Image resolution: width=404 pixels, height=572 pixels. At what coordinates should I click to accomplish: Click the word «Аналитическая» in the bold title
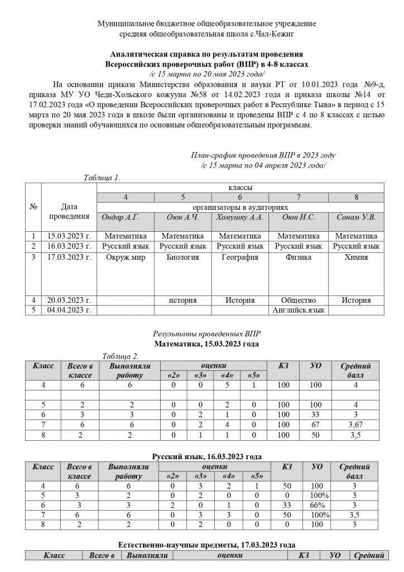pos(139,55)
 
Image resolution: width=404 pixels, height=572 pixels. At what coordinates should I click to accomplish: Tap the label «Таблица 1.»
pos(102,178)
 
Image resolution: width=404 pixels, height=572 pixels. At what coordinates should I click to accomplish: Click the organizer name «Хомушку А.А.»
pos(239,217)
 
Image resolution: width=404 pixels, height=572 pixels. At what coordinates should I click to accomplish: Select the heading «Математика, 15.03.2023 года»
pos(206,344)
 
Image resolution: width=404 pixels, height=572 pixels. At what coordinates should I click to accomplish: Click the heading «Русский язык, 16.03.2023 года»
pos(206,456)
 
